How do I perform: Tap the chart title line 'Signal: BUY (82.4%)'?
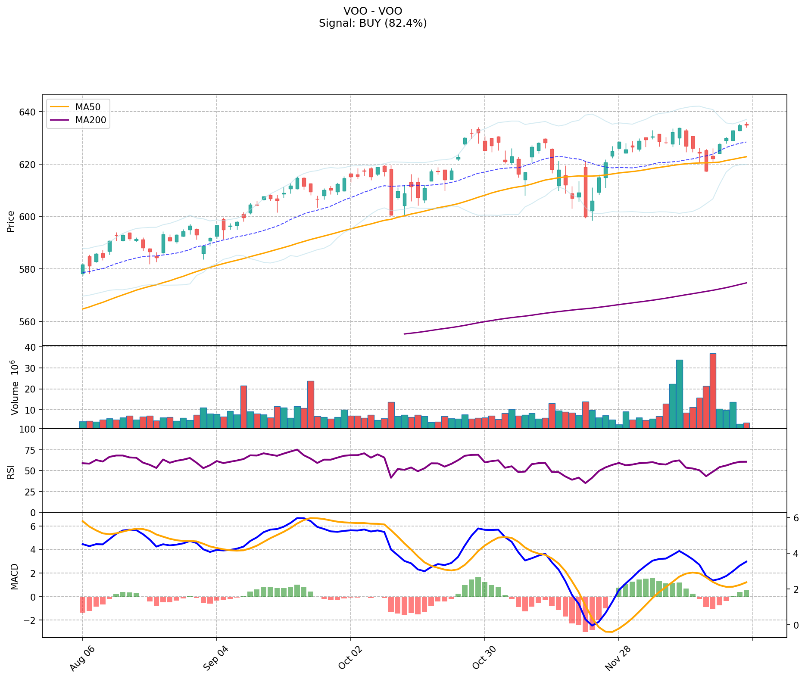[x=373, y=23]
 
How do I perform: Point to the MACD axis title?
[x=14, y=576]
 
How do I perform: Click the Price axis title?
[x=11, y=221]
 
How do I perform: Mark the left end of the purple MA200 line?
[x=404, y=334]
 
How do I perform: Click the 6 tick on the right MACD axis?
[x=795, y=518]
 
